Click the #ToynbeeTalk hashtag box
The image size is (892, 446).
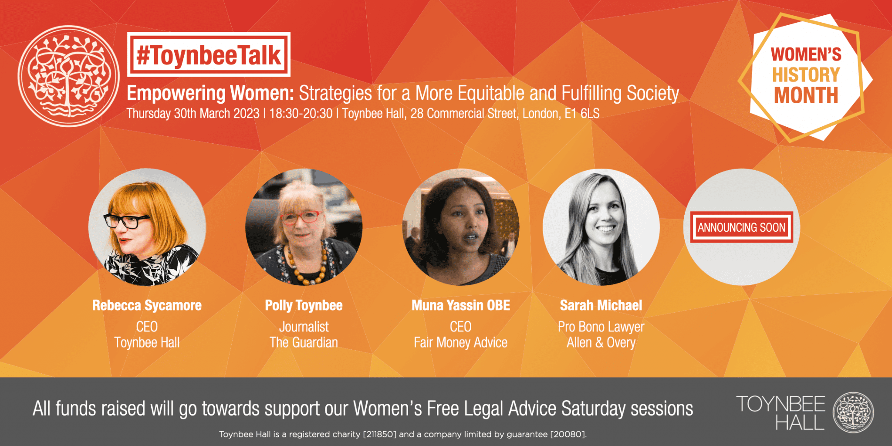(x=209, y=55)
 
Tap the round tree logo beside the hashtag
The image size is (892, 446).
(x=68, y=76)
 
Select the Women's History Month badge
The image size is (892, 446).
(x=806, y=76)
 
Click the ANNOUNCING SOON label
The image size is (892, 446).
(x=741, y=227)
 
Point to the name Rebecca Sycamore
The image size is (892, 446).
(x=147, y=305)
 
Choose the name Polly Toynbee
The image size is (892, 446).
(x=304, y=305)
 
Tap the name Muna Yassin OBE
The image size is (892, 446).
(x=461, y=305)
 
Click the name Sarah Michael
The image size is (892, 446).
(x=601, y=305)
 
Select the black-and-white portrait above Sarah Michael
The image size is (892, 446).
(x=601, y=227)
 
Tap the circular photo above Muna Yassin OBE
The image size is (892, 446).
(x=460, y=227)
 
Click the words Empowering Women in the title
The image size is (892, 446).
(x=210, y=93)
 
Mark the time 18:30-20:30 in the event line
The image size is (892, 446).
(x=301, y=114)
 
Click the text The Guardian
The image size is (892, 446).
(x=304, y=343)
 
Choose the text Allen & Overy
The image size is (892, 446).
(x=601, y=343)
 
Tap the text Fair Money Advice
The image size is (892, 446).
(x=460, y=343)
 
